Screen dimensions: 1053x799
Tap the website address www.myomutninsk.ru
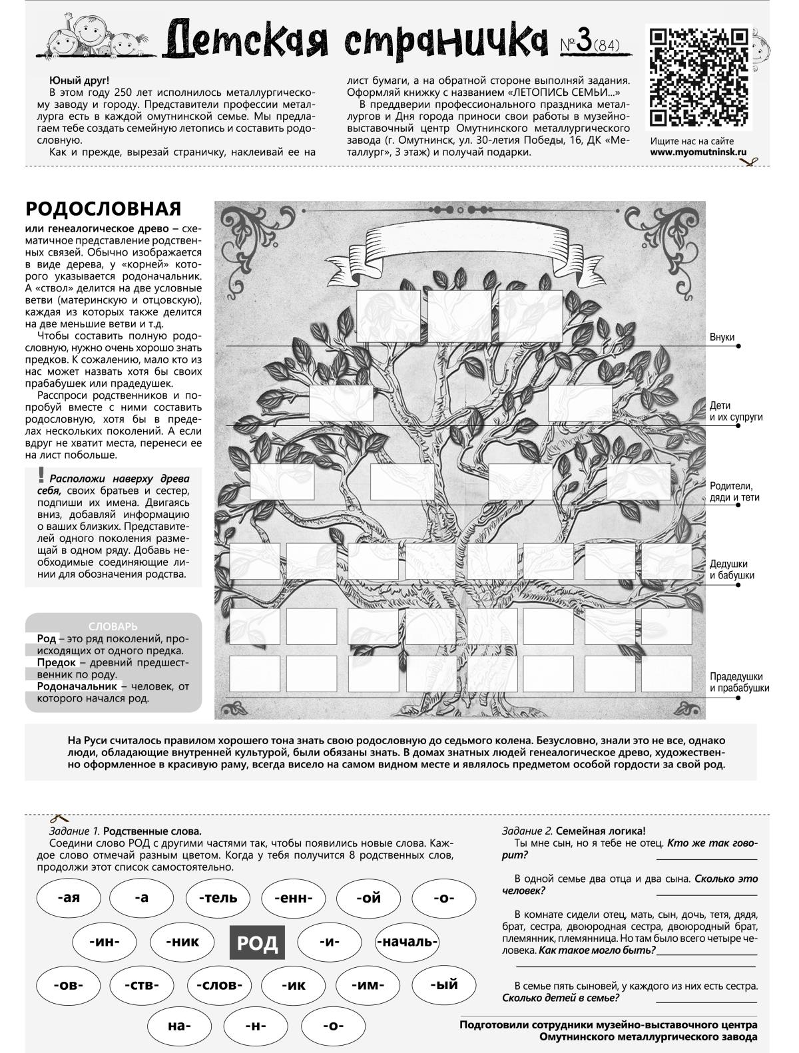click(698, 152)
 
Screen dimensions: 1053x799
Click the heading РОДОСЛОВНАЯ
click(103, 208)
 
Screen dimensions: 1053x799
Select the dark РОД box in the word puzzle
click(257, 943)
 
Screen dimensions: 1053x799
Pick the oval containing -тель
click(218, 898)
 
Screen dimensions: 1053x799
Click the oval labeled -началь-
click(407, 943)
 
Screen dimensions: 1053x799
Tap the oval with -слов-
click(218, 986)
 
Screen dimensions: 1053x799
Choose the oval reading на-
click(179, 1026)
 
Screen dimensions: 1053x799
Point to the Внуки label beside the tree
click(722, 337)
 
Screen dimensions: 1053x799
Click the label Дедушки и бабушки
click(732, 569)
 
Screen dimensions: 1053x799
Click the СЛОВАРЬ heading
click(113, 626)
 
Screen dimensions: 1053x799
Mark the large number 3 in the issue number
click(584, 42)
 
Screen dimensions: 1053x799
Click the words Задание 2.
click(527, 831)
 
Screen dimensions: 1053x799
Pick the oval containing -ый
click(443, 986)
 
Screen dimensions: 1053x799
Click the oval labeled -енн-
click(294, 898)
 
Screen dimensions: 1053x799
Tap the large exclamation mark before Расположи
click(41, 475)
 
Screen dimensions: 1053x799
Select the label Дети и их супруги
click(735, 411)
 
